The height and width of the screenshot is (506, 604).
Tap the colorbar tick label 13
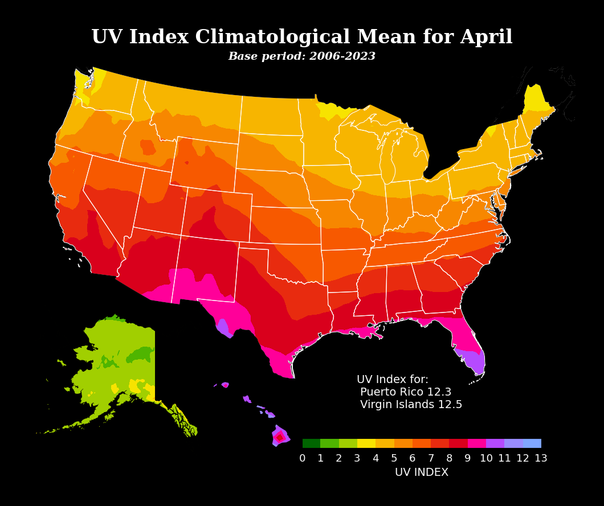[541, 459]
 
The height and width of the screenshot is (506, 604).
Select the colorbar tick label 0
[303, 459]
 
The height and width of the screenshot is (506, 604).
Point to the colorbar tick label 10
[486, 459]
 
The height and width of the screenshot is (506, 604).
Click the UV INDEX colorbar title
[422, 473]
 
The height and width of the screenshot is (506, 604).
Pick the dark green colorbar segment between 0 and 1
[311, 443]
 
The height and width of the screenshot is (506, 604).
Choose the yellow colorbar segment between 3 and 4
[366, 443]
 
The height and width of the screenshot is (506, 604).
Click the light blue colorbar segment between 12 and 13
[532, 443]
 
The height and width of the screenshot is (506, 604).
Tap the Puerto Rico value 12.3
[439, 392]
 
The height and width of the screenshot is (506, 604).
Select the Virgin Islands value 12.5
[450, 405]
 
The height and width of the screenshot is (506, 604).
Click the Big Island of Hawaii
[280, 437]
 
